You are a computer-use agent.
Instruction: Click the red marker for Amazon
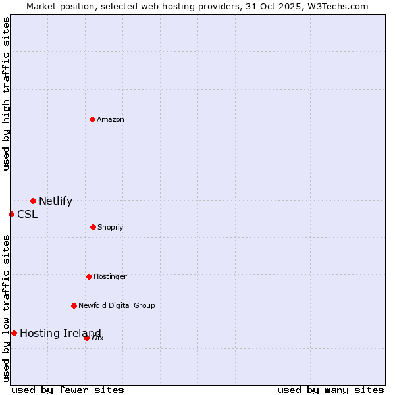93,119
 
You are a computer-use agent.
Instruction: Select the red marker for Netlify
33,201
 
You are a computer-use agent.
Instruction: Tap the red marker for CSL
11,214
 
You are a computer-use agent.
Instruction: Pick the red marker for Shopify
93,227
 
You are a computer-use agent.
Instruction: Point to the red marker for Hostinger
89,276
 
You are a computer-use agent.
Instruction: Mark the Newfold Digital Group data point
74,305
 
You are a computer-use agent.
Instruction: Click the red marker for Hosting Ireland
14,333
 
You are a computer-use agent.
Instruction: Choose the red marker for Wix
86,338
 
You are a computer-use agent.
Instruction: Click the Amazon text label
111,119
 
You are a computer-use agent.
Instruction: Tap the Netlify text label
55,201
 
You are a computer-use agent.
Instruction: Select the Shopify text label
111,227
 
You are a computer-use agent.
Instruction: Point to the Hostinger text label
110,276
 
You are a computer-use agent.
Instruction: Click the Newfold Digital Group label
117,305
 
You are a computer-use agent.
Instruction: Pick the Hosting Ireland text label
61,333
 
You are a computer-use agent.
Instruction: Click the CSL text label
27,214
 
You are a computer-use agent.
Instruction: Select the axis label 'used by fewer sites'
68,390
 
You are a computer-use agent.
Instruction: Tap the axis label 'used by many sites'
330,390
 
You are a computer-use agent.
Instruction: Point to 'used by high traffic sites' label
6,93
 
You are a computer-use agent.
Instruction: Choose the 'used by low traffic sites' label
6,308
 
